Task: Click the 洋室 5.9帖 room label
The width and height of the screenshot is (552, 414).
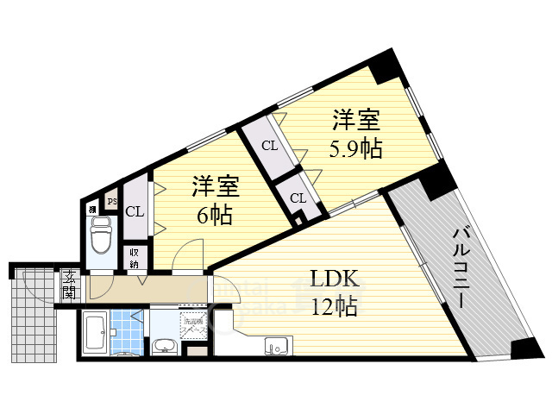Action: click(355, 134)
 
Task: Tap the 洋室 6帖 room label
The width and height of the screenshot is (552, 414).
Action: click(214, 199)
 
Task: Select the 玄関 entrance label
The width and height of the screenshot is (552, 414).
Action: click(68, 285)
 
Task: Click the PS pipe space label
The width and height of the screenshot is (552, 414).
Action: click(111, 202)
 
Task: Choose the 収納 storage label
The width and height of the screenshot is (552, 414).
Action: click(135, 257)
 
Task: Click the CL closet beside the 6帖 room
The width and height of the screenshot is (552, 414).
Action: click(135, 211)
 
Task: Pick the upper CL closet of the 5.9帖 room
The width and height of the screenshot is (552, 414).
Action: click(270, 145)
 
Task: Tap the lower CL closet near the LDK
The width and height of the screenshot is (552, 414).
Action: click(298, 198)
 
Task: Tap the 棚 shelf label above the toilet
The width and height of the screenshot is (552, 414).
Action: click(91, 208)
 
